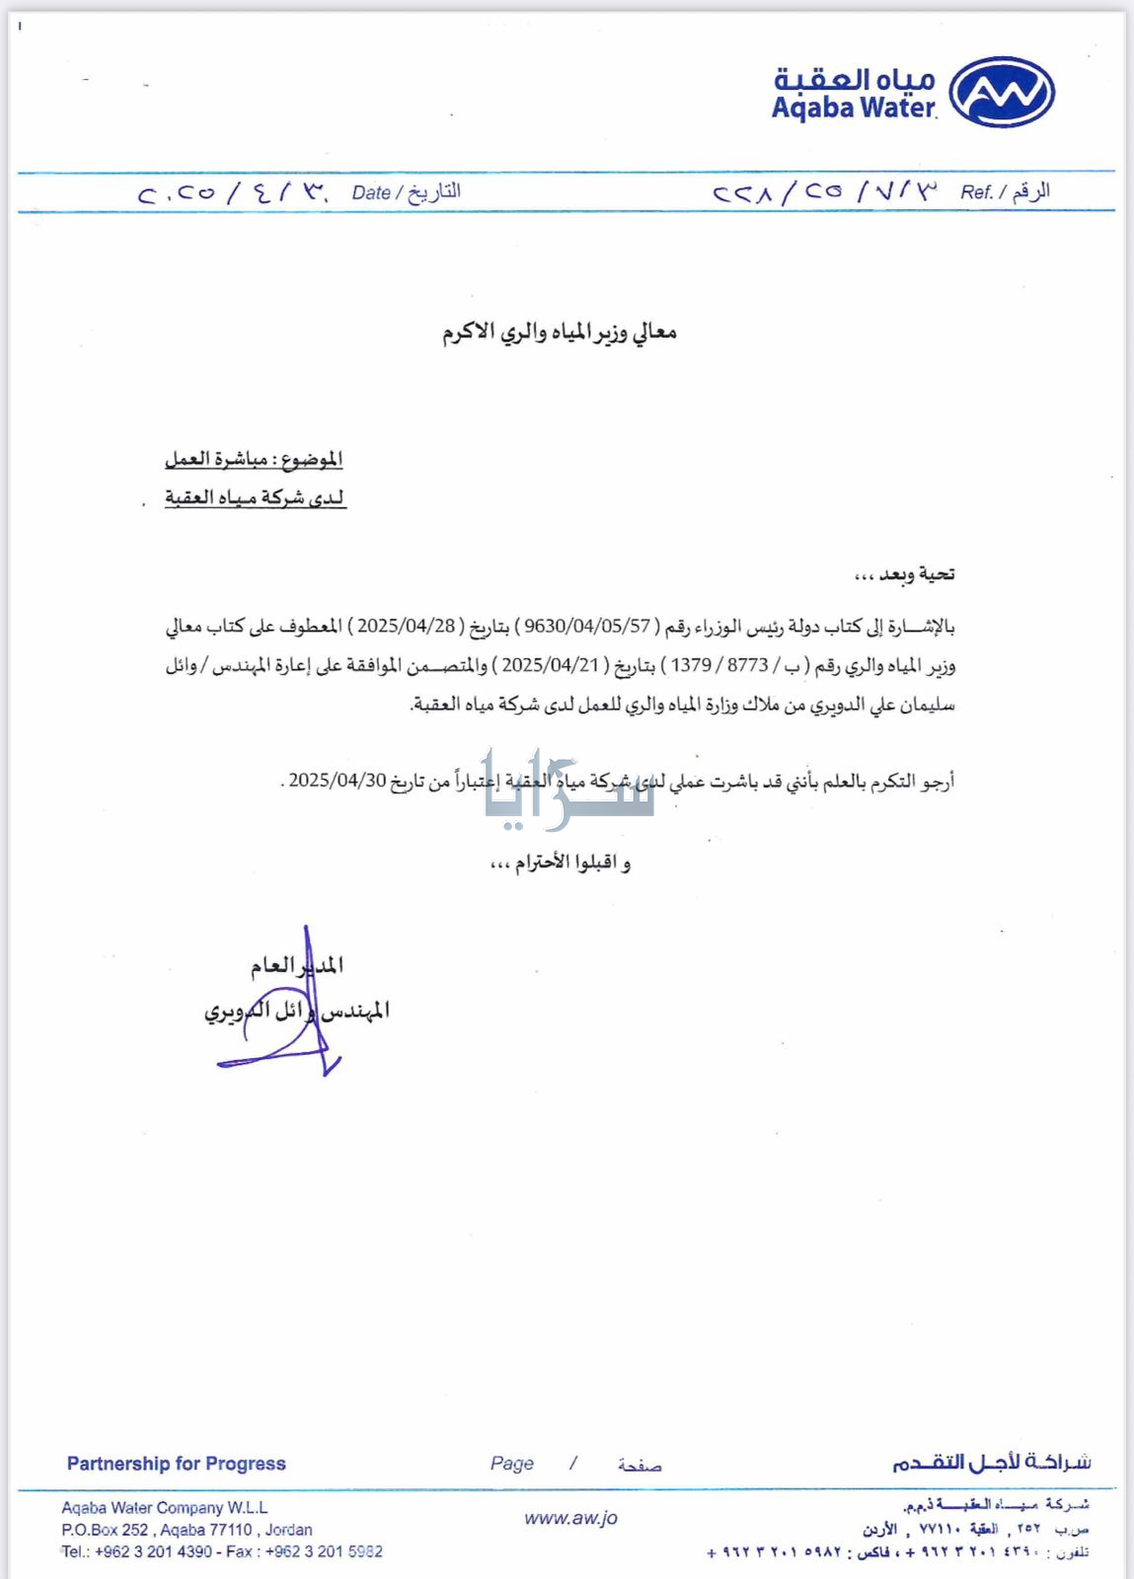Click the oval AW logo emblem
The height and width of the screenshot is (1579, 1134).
pos(1001,92)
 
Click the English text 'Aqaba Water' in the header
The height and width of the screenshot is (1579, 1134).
pos(853,109)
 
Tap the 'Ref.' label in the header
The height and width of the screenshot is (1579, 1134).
pos(976,192)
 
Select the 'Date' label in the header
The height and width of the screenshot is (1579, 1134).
pos(371,192)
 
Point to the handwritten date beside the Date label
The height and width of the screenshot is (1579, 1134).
pos(233,191)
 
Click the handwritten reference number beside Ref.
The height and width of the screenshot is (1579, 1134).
pos(823,191)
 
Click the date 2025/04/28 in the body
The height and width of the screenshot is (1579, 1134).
pos(407,626)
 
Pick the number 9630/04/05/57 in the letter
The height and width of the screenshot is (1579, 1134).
pos(587,626)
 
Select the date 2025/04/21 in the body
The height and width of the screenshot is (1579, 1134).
pos(551,665)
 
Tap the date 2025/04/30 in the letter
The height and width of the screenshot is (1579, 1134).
pos(338,781)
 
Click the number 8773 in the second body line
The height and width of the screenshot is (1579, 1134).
pos(747,665)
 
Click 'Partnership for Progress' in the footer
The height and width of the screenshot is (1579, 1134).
pos(177,1464)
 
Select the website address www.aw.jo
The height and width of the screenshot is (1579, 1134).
pos(570,1518)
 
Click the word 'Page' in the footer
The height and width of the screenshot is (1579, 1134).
pos(512,1464)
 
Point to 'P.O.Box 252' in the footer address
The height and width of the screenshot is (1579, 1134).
pos(104,1530)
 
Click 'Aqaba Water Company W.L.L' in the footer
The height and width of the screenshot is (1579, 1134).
pos(165,1508)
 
